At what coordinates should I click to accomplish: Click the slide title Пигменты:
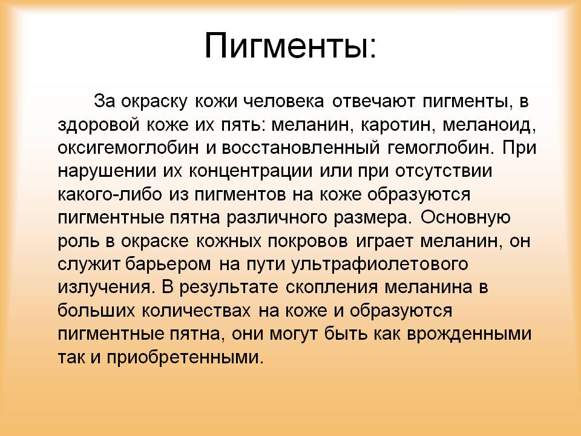pyautogui.click(x=290, y=45)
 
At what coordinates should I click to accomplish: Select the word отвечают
pyautogui.click(x=373, y=101)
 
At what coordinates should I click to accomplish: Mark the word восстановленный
pyautogui.click(x=301, y=148)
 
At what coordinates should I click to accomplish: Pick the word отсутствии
pyautogui.click(x=444, y=171)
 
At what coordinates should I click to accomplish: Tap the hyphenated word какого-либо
pyautogui.click(x=110, y=194)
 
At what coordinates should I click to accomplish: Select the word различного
pyautogui.click(x=277, y=218)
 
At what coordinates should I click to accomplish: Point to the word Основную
pyautogui.click(x=465, y=217)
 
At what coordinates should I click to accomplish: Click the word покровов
pyautogui.click(x=307, y=242)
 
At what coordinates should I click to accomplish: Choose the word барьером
pyautogui.click(x=168, y=264)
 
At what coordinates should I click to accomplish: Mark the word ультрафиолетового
pyautogui.click(x=380, y=265)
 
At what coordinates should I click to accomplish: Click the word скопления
pyautogui.click(x=332, y=288)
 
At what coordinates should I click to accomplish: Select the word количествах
pyautogui.click(x=195, y=311)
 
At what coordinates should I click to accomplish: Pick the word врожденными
pyautogui.click(x=469, y=334)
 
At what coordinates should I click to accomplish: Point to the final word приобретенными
pyautogui.click(x=185, y=357)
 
